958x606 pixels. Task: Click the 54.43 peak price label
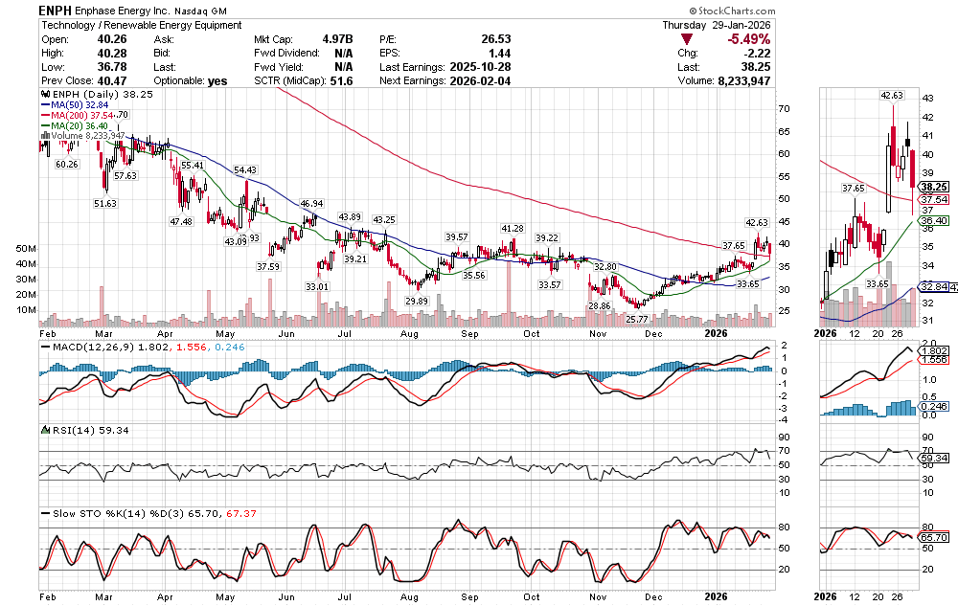coord(244,169)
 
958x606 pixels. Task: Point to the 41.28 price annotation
coord(513,229)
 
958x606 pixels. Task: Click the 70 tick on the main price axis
coord(783,109)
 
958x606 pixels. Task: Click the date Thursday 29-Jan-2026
coord(717,24)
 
